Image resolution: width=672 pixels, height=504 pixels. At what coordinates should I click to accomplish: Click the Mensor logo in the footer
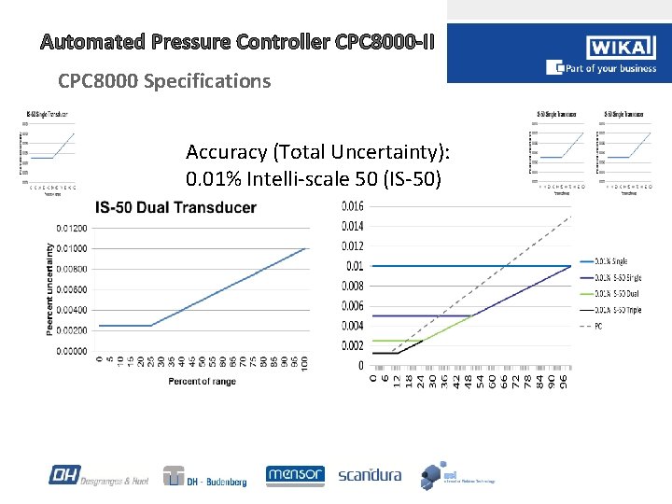click(x=295, y=474)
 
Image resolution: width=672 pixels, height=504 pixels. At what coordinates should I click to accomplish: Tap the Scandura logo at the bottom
click(x=370, y=475)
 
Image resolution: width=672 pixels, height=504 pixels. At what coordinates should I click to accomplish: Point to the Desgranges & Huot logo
click(x=98, y=476)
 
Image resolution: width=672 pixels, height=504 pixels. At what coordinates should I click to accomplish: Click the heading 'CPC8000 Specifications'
click(x=164, y=81)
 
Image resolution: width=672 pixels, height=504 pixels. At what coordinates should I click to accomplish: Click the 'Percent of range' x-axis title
click(x=202, y=381)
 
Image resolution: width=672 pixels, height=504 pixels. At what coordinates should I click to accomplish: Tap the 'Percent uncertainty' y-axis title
click(x=49, y=288)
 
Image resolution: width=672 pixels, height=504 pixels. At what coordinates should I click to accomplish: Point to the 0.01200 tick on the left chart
click(x=72, y=228)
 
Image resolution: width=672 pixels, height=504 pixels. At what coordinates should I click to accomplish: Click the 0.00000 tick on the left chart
click(x=72, y=351)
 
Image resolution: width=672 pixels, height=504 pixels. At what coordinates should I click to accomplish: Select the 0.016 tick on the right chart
click(x=353, y=206)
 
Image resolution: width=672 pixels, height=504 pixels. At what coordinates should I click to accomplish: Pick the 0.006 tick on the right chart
click(x=353, y=306)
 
